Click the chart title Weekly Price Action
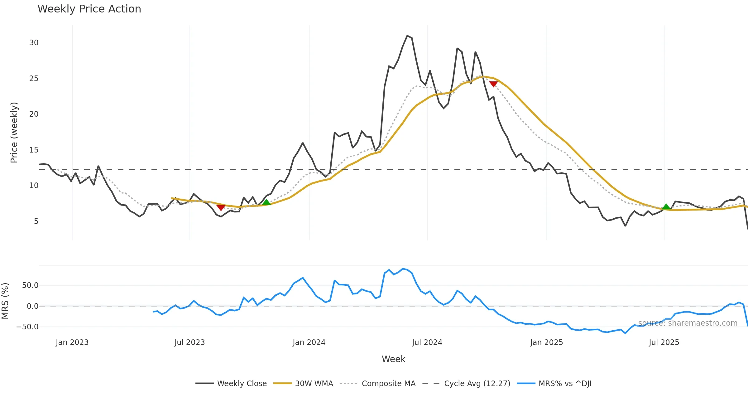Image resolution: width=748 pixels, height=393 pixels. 89,9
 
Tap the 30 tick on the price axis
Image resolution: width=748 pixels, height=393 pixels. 34,43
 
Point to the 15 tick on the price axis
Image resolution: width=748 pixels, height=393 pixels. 34,150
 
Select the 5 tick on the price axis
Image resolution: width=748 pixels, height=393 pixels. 36,221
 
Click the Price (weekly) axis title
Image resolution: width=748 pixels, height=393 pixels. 14,133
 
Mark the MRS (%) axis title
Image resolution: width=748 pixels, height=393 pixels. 5,301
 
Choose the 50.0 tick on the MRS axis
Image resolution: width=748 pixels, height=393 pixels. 30,285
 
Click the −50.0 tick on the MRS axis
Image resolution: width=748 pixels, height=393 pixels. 27,327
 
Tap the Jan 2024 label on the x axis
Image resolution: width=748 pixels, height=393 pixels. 309,342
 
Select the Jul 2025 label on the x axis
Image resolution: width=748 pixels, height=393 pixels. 664,342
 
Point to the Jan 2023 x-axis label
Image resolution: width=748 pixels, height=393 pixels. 72,342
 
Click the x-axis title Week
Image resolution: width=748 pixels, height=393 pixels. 393,359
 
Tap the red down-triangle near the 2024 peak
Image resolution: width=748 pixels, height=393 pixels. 493,84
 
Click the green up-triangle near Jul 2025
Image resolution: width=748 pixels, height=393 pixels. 666,206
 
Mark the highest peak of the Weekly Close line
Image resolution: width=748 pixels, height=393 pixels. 407,36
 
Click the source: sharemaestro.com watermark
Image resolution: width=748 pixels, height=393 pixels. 688,323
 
